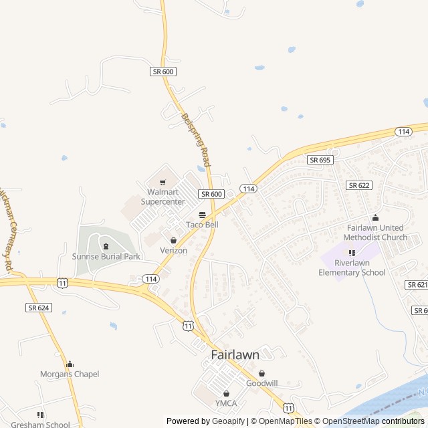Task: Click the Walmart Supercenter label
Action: coord(166,197)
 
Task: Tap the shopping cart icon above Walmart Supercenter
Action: coord(162,182)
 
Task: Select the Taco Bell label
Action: coord(202,225)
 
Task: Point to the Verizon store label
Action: coord(173,250)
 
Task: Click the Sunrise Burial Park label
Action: coord(106,256)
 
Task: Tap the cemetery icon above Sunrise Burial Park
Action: coord(106,245)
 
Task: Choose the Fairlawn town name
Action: coord(235,355)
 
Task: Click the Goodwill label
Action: coord(261,383)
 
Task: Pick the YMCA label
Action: coord(226,403)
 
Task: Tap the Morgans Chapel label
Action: coord(70,374)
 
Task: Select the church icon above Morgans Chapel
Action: coord(70,364)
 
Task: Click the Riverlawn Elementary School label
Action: coord(352,267)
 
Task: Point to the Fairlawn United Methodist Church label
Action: coord(375,233)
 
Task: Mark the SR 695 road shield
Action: coord(320,160)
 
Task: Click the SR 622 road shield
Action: coord(359,185)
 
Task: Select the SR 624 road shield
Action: coord(39,308)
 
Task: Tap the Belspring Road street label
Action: coord(196,139)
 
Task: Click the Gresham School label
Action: coord(40,424)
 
